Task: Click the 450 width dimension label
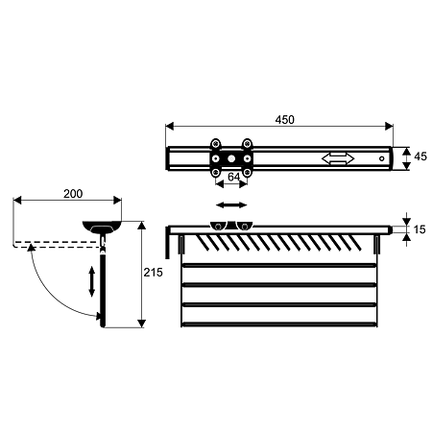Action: pos(284,120)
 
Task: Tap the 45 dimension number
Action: pos(420,156)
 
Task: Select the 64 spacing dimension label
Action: pos(233,177)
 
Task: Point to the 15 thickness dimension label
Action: pos(420,229)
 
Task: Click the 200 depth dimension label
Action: pos(73,194)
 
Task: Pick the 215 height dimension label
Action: pos(153,273)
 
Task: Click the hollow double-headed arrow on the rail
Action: pos(338,158)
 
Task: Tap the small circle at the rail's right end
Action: pos(381,158)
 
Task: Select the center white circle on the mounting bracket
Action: pos(231,158)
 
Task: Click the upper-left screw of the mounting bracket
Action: pos(216,143)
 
